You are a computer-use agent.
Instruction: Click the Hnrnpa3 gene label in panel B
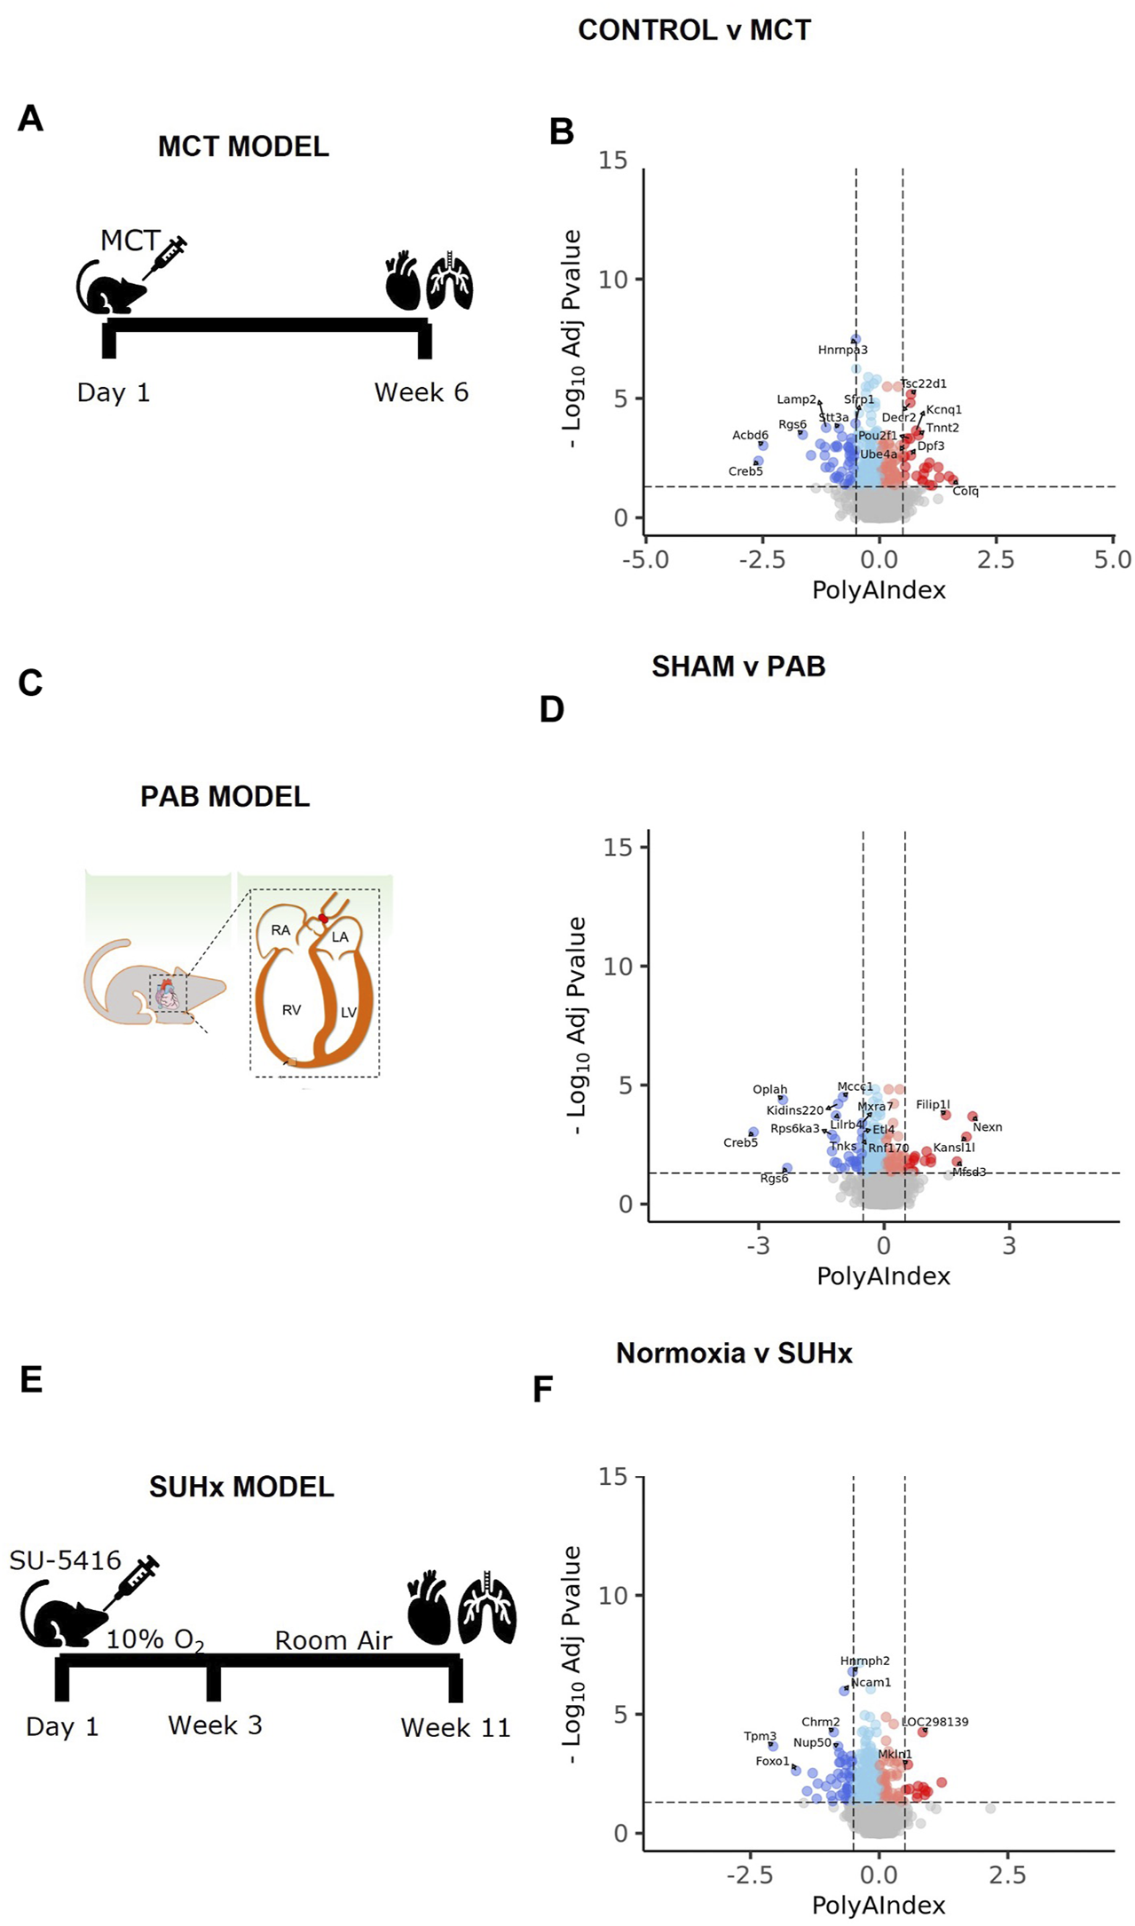pos(842,351)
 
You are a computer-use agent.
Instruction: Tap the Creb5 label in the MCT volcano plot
pos(745,471)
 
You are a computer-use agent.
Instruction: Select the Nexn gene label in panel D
pos(987,1127)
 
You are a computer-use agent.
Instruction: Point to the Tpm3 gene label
pos(760,1737)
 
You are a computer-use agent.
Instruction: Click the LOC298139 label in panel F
pos(934,1722)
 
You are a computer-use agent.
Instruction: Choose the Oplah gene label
pos(769,1090)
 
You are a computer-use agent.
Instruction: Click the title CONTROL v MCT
pos(694,30)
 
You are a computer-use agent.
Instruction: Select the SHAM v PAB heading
pos(738,667)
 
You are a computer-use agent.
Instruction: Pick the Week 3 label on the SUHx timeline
pos(215,1725)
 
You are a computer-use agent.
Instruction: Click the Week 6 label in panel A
pos(421,392)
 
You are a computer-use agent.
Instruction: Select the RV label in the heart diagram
pos(291,1010)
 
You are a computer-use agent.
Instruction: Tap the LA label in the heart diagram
pos(340,937)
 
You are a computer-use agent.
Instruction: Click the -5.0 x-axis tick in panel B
pos(645,560)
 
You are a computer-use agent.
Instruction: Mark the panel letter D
pos(551,710)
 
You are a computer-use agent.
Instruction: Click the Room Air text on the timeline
pos(333,1641)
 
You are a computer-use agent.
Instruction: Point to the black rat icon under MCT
pos(110,286)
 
